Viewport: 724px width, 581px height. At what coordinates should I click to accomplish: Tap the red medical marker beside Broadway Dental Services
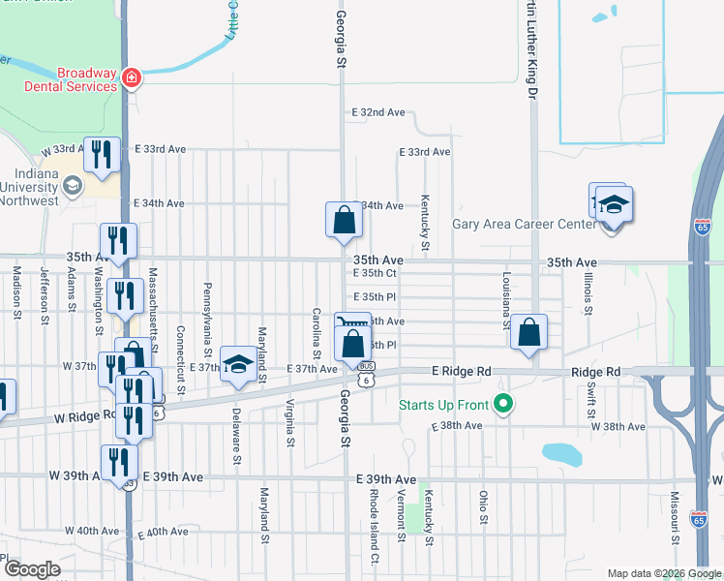pyautogui.click(x=132, y=78)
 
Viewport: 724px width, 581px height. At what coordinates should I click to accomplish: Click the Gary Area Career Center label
pyautogui.click(x=525, y=225)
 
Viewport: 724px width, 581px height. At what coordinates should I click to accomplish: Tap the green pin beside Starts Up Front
pyautogui.click(x=501, y=403)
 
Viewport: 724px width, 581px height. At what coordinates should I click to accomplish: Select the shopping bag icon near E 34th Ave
pyautogui.click(x=344, y=220)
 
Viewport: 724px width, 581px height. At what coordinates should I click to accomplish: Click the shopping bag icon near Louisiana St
pyautogui.click(x=529, y=332)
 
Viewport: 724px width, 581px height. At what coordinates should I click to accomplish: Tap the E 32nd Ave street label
pyautogui.click(x=378, y=112)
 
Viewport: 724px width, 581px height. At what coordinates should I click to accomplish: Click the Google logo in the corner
pyautogui.click(x=33, y=568)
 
